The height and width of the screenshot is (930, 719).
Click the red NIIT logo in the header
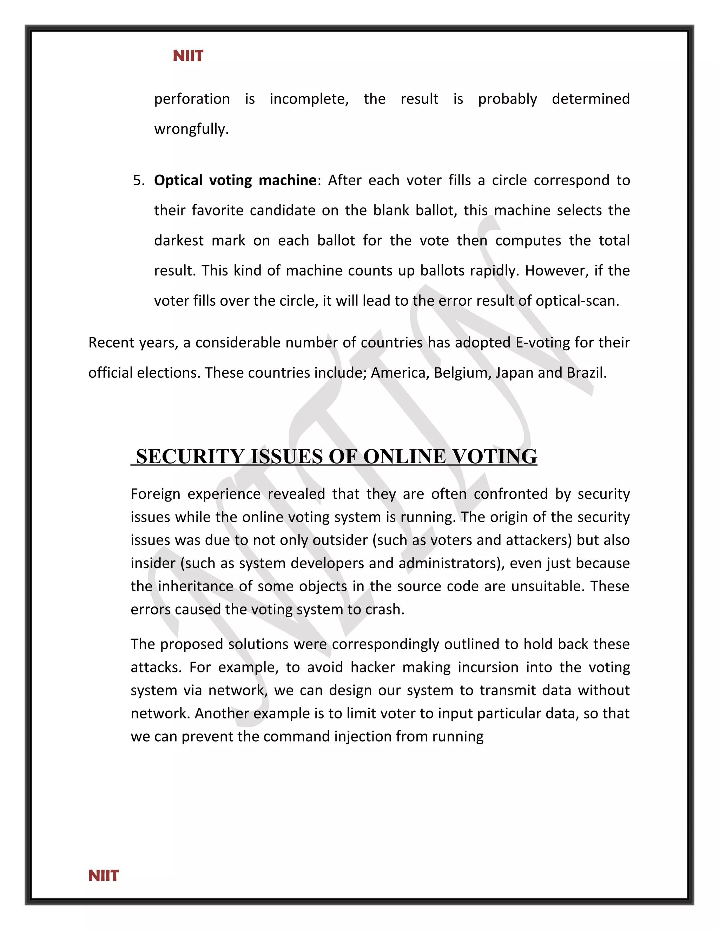coord(188,56)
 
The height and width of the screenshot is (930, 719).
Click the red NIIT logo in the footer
coord(104,876)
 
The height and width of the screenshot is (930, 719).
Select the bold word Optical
coord(178,180)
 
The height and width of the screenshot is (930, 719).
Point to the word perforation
coord(192,99)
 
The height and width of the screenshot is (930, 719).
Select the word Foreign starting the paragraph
coord(156,494)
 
